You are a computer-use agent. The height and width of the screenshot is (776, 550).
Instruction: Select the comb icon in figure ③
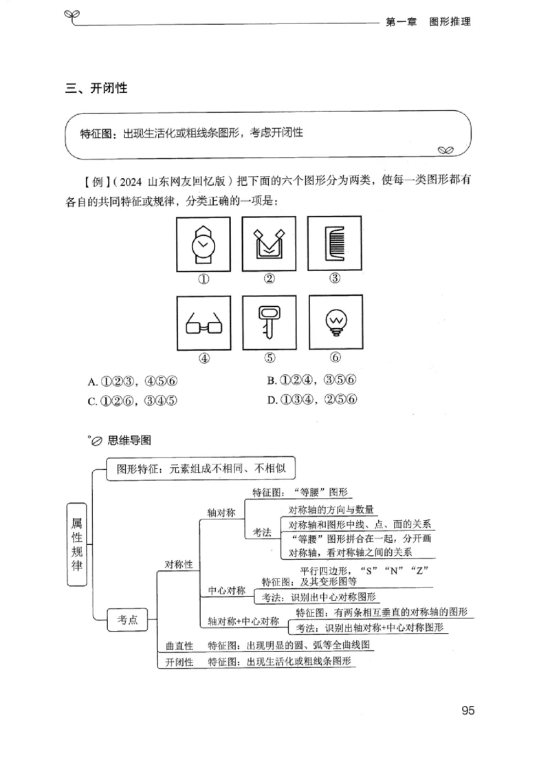(335, 244)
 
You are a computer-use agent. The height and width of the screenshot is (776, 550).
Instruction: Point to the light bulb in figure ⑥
(335, 321)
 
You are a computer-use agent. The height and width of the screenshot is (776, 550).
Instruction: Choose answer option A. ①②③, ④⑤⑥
(137, 381)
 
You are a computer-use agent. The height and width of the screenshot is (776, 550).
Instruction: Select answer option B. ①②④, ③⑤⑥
(316, 380)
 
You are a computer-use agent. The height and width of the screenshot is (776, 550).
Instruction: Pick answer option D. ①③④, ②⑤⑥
(316, 400)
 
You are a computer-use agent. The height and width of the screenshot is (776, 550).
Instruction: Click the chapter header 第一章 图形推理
(428, 21)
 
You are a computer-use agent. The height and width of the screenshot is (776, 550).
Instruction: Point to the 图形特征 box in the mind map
(200, 469)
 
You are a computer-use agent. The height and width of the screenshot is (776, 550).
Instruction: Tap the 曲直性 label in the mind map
(179, 646)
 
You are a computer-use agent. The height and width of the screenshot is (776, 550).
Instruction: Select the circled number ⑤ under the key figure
(269, 358)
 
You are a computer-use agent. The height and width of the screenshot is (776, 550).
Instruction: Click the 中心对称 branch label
(227, 590)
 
